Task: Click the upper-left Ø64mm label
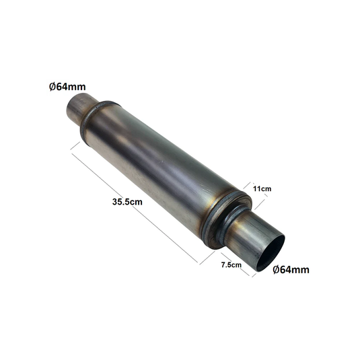pos(67,87)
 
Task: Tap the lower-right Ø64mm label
pos(291,270)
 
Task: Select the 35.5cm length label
pos(127,202)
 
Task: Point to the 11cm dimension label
pos(262,188)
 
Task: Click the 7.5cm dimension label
pos(231,265)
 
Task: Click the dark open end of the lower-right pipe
pos(271,253)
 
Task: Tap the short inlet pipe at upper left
pos(80,108)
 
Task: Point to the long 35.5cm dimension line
pos(135,208)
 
